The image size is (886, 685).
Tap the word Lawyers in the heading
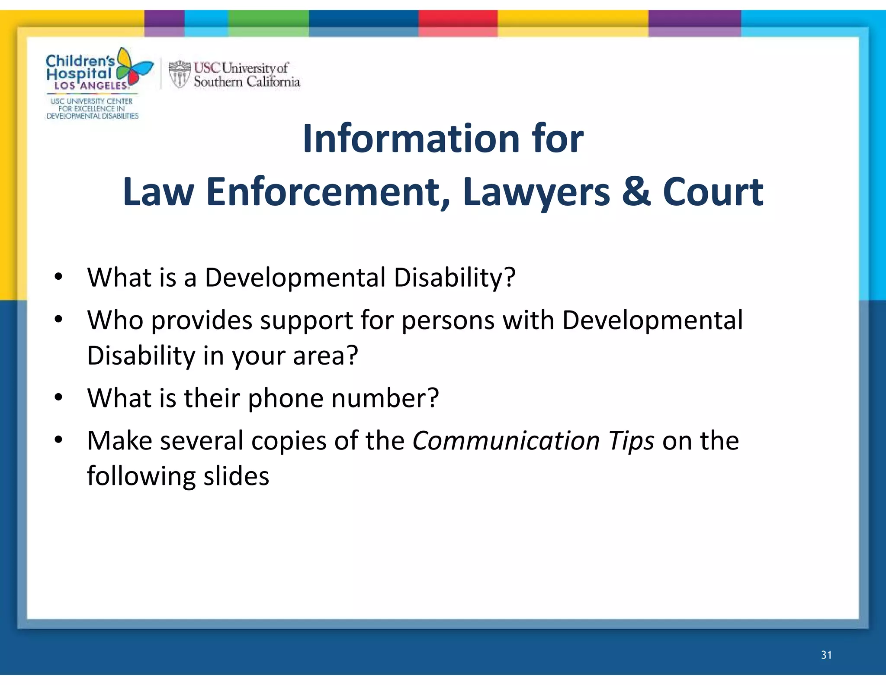point(536,193)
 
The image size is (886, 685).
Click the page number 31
point(826,655)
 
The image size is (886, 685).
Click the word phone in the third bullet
point(285,398)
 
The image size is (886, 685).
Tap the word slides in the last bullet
point(236,476)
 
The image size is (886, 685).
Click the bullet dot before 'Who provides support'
point(59,320)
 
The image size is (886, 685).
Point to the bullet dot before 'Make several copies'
point(59,440)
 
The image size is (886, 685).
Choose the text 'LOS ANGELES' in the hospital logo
point(90,86)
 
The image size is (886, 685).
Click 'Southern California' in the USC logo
point(247,81)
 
